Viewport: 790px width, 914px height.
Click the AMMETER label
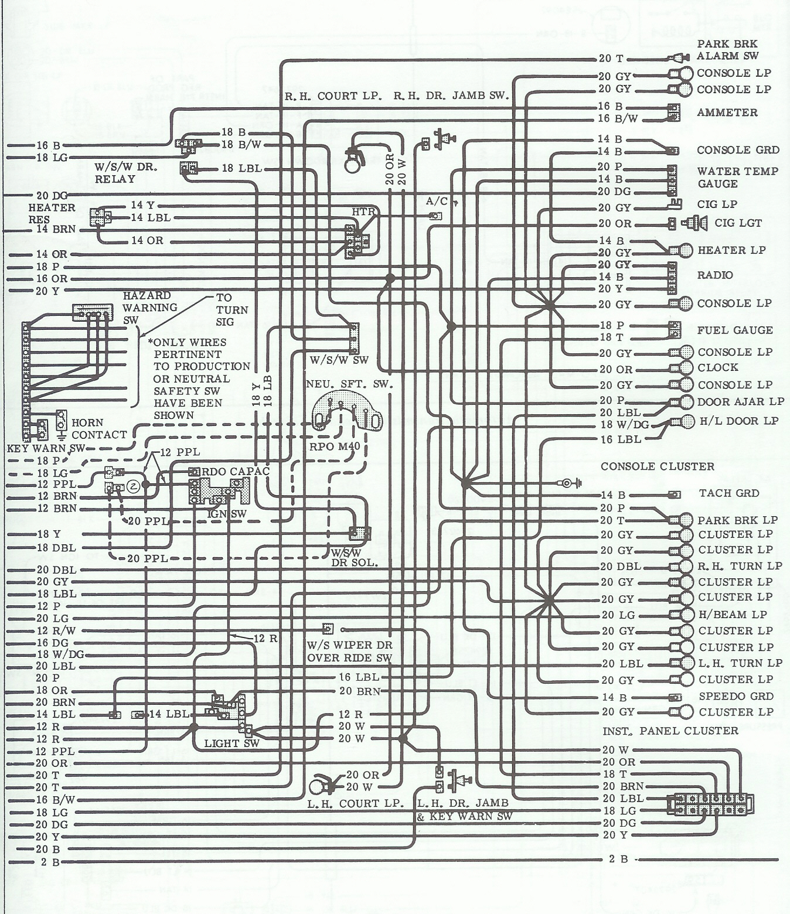click(727, 112)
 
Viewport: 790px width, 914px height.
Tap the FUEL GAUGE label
click(734, 330)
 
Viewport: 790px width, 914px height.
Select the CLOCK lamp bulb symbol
click(680, 368)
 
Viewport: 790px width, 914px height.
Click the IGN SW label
click(227, 514)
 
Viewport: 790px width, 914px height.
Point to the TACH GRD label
click(729, 493)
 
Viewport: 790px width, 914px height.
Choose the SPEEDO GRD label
click(736, 696)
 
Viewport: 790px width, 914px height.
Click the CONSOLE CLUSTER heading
click(658, 466)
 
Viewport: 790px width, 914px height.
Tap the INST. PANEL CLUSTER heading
click(670, 731)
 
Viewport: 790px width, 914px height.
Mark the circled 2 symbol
click(133, 486)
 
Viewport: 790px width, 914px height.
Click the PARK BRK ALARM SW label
click(727, 50)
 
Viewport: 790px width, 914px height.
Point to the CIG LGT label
click(738, 223)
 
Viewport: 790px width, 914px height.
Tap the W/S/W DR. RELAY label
click(126, 173)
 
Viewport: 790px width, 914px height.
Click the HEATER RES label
click(52, 214)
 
